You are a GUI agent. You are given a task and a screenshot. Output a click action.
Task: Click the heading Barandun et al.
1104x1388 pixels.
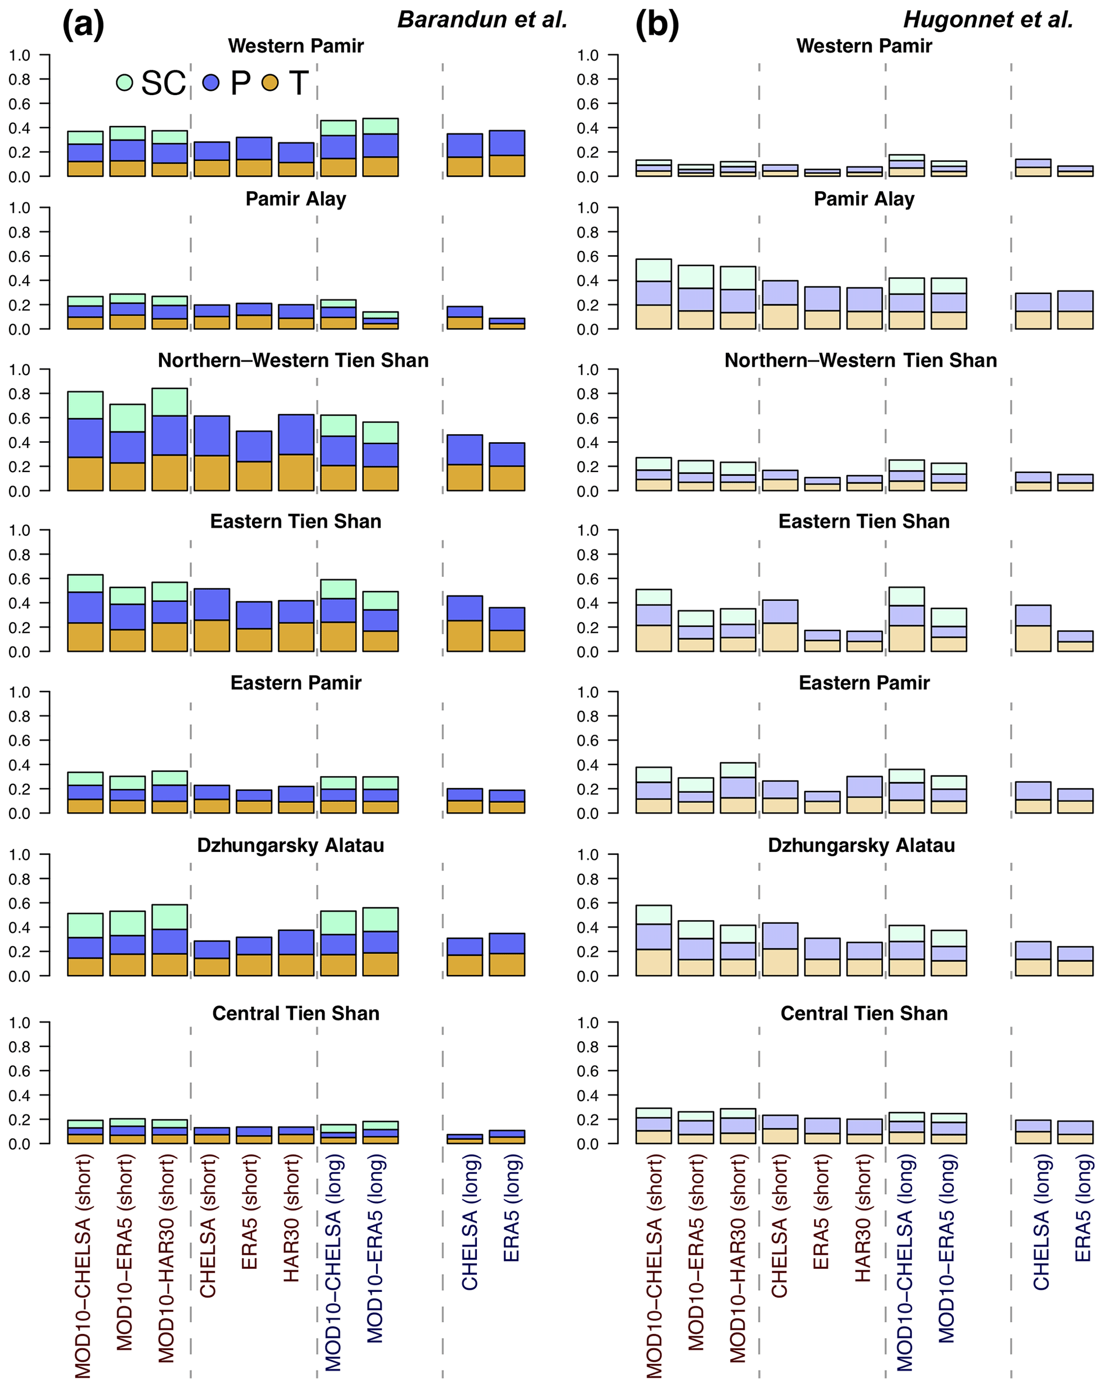(482, 20)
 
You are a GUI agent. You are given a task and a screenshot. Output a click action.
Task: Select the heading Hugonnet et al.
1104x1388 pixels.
(988, 20)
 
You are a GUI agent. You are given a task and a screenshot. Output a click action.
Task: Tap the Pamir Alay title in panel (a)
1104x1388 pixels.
(295, 199)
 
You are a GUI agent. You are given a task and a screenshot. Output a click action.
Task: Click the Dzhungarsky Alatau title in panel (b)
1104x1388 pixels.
(862, 845)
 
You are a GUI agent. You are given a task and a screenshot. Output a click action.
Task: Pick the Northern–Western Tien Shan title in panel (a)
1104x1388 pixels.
(293, 360)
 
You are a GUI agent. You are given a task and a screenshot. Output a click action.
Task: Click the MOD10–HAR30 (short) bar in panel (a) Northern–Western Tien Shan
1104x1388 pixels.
(169, 440)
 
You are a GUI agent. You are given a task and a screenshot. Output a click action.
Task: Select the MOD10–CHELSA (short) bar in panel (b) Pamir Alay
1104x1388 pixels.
(653, 294)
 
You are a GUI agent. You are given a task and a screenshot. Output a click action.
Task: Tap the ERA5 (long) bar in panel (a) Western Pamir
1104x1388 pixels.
(507, 153)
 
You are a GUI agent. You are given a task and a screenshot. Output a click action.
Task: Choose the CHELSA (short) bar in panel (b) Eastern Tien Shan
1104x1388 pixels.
(780, 625)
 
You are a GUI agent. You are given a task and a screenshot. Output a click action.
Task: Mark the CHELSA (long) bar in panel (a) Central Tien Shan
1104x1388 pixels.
(465, 1139)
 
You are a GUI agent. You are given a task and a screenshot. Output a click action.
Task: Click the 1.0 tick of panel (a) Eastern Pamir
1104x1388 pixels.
(19, 693)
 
